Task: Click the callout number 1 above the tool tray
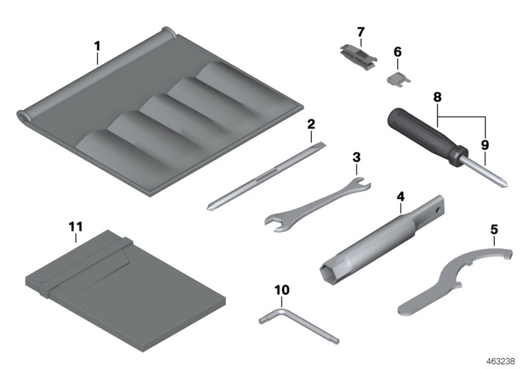(x=97, y=46)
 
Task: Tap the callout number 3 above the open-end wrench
(x=356, y=157)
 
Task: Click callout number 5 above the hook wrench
(x=494, y=231)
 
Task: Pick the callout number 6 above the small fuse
(x=397, y=51)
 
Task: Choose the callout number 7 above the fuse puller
(x=360, y=32)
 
